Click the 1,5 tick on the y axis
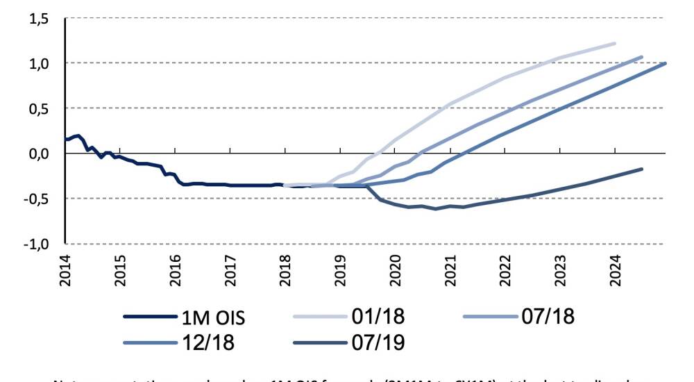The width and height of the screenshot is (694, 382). pyautogui.click(x=39, y=19)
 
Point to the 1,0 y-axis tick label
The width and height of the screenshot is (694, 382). pyautogui.click(x=39, y=64)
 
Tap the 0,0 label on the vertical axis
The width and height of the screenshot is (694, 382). pyautogui.click(x=39, y=153)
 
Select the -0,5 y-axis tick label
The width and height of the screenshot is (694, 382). pyautogui.click(x=37, y=199)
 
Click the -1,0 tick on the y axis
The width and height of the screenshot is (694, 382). pyautogui.click(x=37, y=244)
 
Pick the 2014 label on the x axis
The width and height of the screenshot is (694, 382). pyautogui.click(x=65, y=269)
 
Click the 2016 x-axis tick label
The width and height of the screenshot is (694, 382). pyautogui.click(x=175, y=269)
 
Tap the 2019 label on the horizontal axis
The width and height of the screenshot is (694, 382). pyautogui.click(x=340, y=269)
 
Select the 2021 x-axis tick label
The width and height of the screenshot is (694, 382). pyautogui.click(x=450, y=269)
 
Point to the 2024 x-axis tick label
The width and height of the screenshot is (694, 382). pyautogui.click(x=616, y=269)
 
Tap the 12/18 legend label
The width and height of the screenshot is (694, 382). pyautogui.click(x=210, y=342)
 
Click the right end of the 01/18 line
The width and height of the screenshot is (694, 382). pyautogui.click(x=615, y=43)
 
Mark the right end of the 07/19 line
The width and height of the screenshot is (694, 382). pyautogui.click(x=642, y=169)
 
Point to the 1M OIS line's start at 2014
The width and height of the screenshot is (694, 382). pyautogui.click(x=66, y=140)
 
